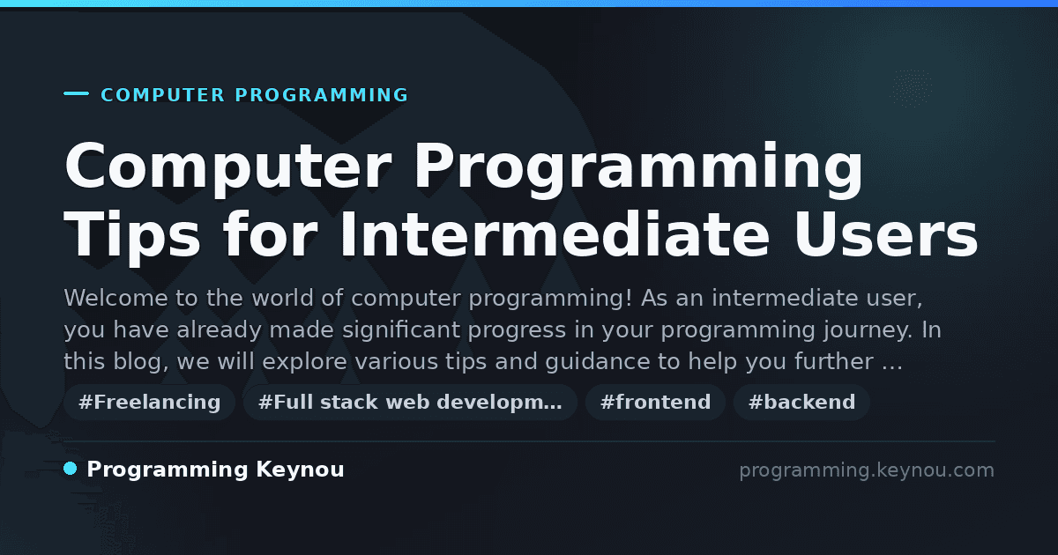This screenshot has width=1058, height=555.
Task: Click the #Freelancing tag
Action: coord(149,402)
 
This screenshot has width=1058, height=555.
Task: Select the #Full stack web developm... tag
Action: coord(410,402)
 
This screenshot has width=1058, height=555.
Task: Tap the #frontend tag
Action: coord(655,402)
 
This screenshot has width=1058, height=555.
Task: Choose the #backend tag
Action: coord(801,402)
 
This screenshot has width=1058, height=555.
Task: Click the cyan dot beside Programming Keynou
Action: coord(71,469)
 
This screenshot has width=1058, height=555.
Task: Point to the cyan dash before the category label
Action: coord(76,93)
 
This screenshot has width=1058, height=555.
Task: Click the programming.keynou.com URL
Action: coord(867,470)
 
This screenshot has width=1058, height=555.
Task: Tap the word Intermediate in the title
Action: coord(555,234)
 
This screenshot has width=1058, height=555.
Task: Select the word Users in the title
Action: coord(886,234)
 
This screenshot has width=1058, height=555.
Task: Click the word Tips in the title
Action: coord(132,239)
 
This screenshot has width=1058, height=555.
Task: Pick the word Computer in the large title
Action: coord(228,168)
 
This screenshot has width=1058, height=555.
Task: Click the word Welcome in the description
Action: coord(115,298)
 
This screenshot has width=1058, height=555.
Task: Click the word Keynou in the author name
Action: coord(300,470)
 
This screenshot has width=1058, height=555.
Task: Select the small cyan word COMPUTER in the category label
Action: coord(163,95)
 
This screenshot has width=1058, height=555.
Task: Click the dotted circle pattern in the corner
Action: coord(911,88)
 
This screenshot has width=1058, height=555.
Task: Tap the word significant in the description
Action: coord(401,330)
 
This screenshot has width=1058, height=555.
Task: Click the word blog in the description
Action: coord(141,362)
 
